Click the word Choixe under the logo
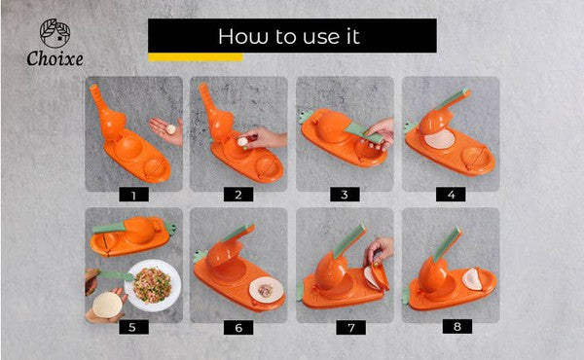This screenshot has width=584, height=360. point(55,58)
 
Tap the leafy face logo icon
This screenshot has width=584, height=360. point(55,33)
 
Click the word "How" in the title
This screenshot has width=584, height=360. point(242,36)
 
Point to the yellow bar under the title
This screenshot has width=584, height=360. point(196,57)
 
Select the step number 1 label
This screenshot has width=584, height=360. point(133,195)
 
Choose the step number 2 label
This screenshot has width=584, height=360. point(238,195)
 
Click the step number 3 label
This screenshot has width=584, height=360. point(345,195)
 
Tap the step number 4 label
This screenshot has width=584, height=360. point(451,195)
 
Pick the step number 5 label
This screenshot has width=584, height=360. point(133,327)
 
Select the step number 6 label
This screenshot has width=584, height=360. point(238,328)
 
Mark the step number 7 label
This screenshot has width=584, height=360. point(350,328)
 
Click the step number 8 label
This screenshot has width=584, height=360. point(457,327)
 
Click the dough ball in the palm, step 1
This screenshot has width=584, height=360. point(170,129)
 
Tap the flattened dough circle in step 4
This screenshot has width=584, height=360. point(440,139)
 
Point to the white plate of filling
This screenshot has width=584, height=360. point(153,285)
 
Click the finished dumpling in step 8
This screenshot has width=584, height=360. point(472,279)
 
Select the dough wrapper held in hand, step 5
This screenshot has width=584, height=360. point(107,305)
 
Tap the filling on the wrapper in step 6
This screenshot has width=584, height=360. point(266,290)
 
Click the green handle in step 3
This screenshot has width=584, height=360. point(365,133)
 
